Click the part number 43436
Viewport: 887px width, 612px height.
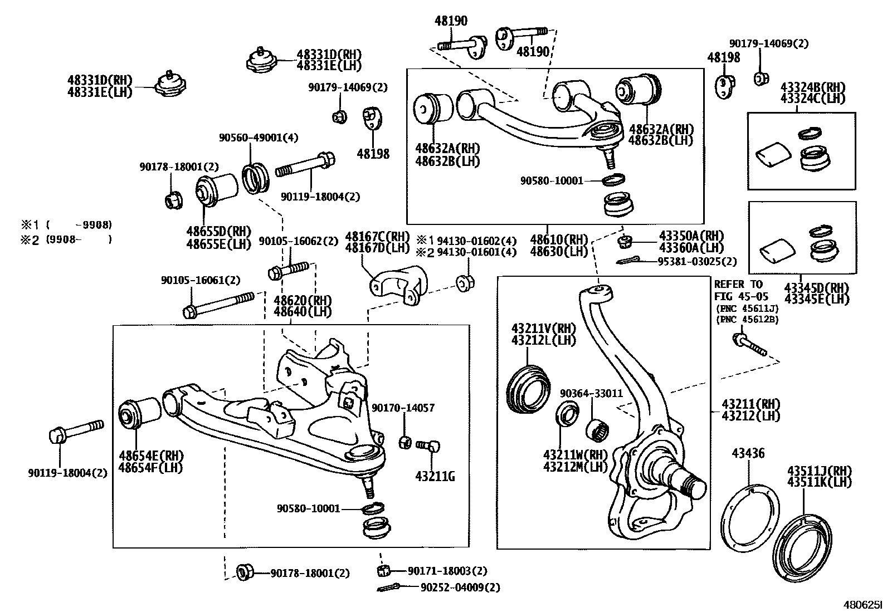[748, 453]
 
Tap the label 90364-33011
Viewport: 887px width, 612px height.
[591, 393]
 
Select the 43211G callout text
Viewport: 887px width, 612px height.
[435, 476]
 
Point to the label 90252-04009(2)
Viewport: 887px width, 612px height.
[460, 587]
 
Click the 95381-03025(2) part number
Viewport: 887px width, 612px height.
[697, 262]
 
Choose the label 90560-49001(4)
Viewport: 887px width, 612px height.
[259, 138]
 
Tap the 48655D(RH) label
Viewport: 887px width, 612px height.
[218, 231]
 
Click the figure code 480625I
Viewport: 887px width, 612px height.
[863, 605]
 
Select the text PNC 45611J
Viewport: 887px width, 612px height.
[747, 309]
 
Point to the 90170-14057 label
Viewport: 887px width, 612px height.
[403, 408]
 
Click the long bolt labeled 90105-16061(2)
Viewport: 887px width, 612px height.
[218, 305]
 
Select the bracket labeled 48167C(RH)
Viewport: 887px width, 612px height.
[398, 285]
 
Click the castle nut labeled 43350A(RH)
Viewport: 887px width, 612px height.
[625, 241]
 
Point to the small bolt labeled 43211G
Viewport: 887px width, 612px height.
[428, 445]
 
